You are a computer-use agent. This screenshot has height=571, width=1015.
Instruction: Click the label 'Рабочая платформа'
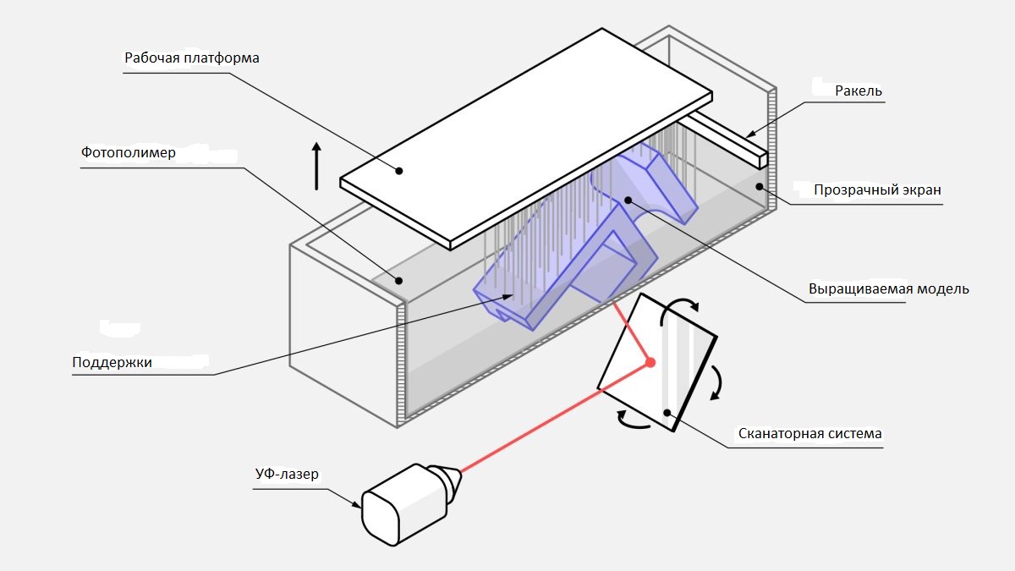click(191, 58)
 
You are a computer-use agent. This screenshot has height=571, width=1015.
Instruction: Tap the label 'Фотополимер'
click(129, 153)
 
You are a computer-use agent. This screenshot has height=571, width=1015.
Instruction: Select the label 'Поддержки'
click(112, 362)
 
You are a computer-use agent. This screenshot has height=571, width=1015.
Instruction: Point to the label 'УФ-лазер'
click(287, 474)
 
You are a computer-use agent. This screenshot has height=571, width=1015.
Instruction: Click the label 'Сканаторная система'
click(809, 434)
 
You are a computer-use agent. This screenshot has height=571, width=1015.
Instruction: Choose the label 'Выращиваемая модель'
click(888, 288)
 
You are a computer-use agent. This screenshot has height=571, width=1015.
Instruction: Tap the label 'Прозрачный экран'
click(877, 190)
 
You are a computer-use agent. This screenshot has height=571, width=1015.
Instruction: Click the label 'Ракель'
click(859, 91)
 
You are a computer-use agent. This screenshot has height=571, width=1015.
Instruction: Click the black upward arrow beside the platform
click(317, 165)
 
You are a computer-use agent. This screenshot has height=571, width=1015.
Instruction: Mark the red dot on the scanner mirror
click(650, 362)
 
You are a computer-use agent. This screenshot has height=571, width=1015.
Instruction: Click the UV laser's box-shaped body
click(398, 503)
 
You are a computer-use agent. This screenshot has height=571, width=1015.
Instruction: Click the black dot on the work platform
click(398, 170)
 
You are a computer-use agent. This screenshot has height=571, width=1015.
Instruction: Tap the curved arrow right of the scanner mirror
click(717, 382)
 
